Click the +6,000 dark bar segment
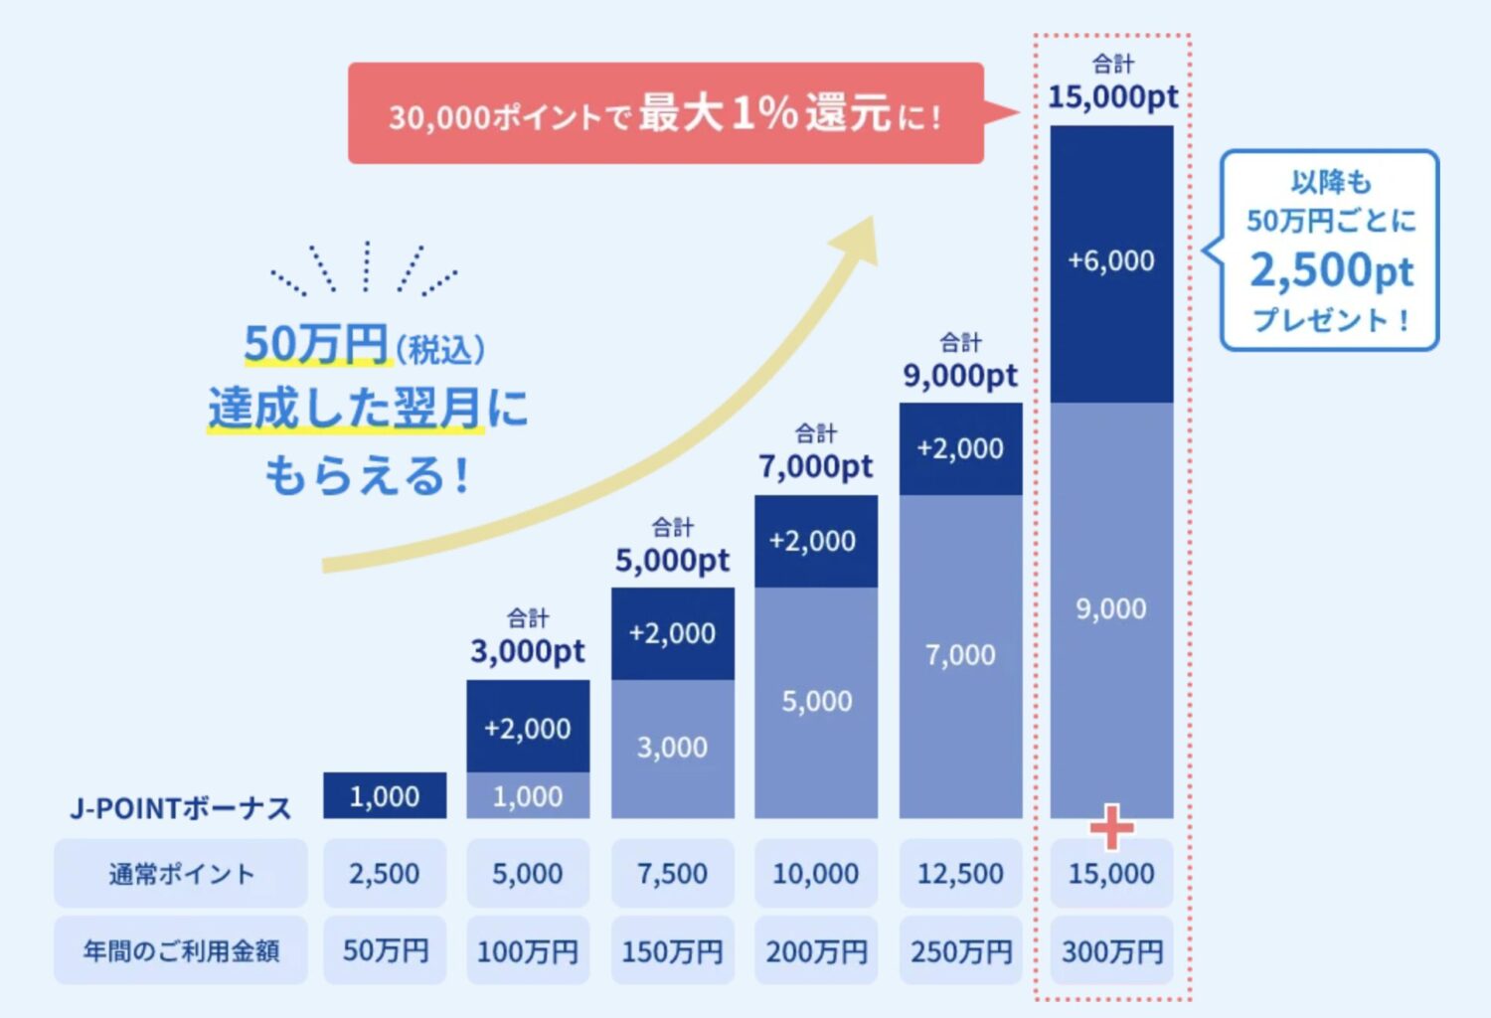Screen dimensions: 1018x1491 click(x=1111, y=261)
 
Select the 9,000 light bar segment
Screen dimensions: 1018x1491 click(x=1111, y=608)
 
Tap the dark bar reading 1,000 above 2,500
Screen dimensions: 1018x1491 click(x=385, y=796)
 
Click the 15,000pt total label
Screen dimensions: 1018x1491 click(x=1112, y=96)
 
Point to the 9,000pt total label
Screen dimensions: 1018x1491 click(x=960, y=376)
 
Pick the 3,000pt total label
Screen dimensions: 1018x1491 click(x=528, y=651)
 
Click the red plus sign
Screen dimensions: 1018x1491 click(x=1111, y=826)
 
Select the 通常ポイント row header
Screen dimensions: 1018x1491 click(x=181, y=874)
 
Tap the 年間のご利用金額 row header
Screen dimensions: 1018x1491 click(x=181, y=951)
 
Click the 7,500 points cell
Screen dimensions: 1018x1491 click(x=672, y=874)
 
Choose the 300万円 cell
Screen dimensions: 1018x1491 click(x=1111, y=951)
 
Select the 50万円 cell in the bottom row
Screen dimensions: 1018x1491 click(x=385, y=951)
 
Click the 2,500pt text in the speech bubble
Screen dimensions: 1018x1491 click(x=1330, y=270)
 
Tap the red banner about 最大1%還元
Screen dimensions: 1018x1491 click(x=665, y=113)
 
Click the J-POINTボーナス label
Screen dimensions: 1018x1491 click(x=181, y=808)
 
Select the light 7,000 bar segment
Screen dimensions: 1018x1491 click(x=960, y=655)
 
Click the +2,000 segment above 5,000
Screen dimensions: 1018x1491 click(x=815, y=541)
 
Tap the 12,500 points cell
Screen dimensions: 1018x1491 click(x=960, y=874)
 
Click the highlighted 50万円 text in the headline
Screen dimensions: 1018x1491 click(x=316, y=345)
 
